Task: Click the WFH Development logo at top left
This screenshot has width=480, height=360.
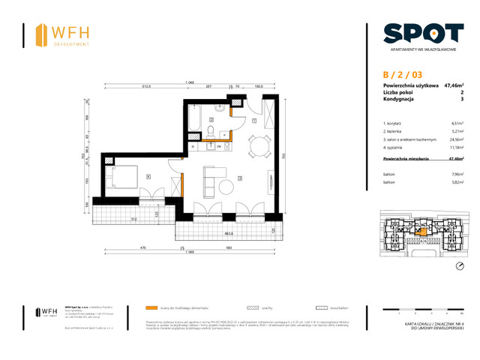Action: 63,34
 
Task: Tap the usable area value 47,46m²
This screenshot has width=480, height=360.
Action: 453,86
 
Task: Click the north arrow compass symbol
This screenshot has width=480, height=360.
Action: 460,265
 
